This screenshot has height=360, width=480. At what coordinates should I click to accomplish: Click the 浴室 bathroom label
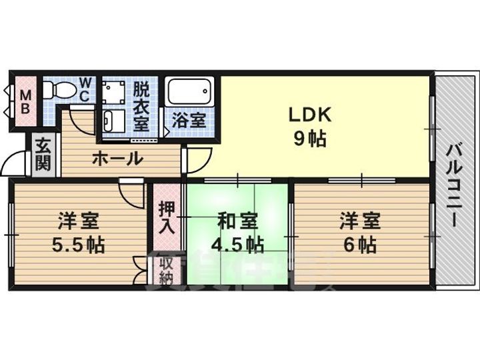pos(189,121)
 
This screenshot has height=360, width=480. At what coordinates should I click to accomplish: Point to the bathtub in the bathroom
pos(189,92)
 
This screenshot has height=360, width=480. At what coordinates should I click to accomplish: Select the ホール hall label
pos(117,159)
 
